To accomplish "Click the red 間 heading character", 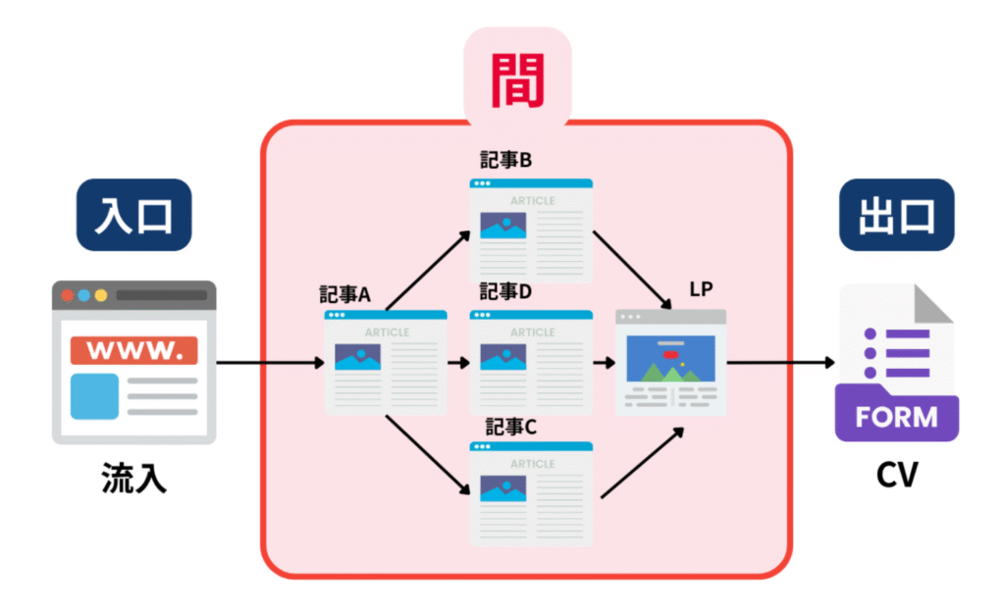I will point(516,79).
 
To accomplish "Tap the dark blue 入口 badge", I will point(133,214).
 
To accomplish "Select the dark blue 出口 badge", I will point(896,214).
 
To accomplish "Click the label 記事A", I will point(344,293).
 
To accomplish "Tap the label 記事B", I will point(505,160).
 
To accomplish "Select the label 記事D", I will point(505,291).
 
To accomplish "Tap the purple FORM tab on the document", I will point(896,416).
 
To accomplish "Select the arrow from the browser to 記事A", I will point(269,363).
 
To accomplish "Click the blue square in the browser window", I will point(94,396).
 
